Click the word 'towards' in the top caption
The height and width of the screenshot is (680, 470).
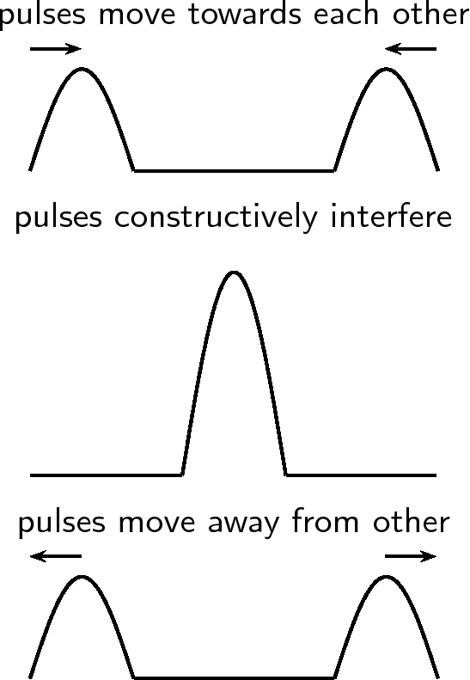pyautogui.click(x=245, y=15)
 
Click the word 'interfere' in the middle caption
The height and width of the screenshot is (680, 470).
pyautogui.click(x=392, y=217)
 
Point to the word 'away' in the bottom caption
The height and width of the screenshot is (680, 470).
pyautogui.click(x=243, y=524)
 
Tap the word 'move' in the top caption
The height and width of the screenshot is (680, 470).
pyautogui.click(x=137, y=15)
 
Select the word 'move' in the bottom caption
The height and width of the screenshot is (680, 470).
pyautogui.click(x=156, y=523)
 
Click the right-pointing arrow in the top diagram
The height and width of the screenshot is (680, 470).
pyautogui.click(x=56, y=48)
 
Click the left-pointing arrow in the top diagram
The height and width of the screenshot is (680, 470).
pyautogui.click(x=411, y=48)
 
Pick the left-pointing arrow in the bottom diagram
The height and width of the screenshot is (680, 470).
pyautogui.click(x=56, y=556)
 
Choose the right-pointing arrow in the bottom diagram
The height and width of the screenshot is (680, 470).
pyautogui.click(x=411, y=556)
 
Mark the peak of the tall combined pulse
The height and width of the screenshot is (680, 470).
pyautogui.click(x=234, y=273)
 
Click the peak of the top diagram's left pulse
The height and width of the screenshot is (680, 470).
pyautogui.click(x=82, y=69)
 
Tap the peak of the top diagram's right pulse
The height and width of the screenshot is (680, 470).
pyautogui.click(x=386, y=69)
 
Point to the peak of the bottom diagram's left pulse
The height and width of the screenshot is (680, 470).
pyautogui.click(x=82, y=576)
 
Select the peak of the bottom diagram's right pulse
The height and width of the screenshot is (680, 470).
pyautogui.click(x=386, y=576)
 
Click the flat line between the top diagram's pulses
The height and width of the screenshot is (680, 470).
pyautogui.click(x=234, y=171)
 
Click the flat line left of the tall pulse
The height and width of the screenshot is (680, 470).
pyautogui.click(x=107, y=475)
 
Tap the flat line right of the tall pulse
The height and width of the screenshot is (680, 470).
pyautogui.click(x=361, y=475)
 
